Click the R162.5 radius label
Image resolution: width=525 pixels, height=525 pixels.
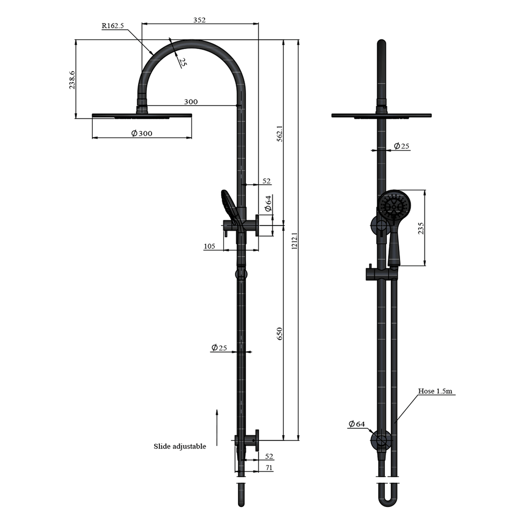pyautogui.click(x=113, y=26)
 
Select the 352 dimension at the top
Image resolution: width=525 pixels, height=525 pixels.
pyautogui.click(x=199, y=20)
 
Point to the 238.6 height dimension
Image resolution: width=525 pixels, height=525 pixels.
pyautogui.click(x=72, y=80)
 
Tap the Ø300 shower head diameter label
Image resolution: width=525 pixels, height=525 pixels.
pyautogui.click(x=141, y=134)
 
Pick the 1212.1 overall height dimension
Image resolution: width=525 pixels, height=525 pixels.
pyautogui.click(x=294, y=241)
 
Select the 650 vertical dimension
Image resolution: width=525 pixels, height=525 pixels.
pyautogui.click(x=280, y=333)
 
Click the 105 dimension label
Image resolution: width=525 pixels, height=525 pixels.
pyautogui.click(x=209, y=246)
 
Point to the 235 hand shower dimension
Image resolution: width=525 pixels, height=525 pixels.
pyautogui.click(x=421, y=228)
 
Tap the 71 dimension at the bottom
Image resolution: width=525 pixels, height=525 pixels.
pyautogui.click(x=269, y=468)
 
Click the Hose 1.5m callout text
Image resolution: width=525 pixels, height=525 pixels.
pyautogui.click(x=437, y=391)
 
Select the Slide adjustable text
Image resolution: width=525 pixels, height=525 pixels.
pyautogui.click(x=180, y=446)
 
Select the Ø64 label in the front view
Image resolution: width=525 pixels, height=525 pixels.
pyautogui.click(x=356, y=424)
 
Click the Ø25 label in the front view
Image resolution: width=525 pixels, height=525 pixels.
pyautogui.click(x=402, y=146)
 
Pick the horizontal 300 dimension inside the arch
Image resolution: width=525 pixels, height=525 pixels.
pyautogui.click(x=191, y=102)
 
